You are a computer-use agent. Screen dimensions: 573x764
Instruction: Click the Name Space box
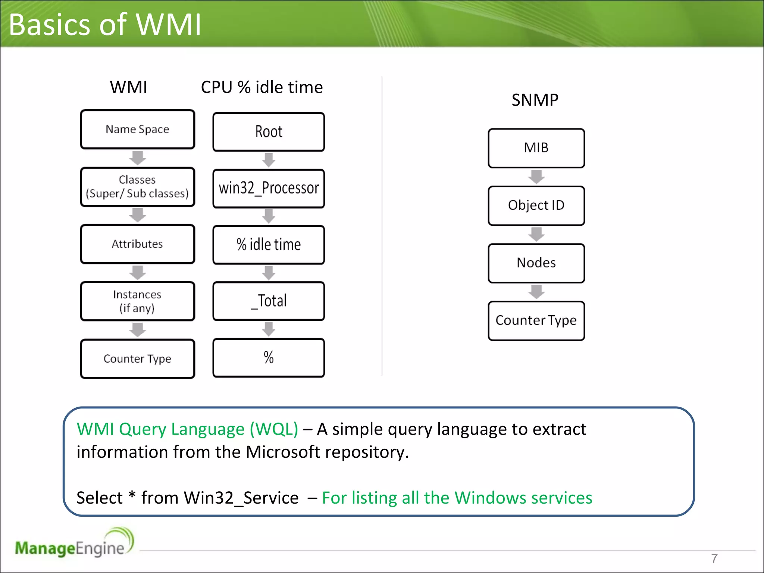tap(137, 129)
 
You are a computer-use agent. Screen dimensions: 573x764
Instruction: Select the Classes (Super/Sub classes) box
tap(137, 187)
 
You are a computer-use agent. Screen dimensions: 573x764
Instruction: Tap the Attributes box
tap(137, 244)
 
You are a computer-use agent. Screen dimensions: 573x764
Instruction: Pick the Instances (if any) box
tap(137, 301)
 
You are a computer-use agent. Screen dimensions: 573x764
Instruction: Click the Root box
tap(269, 132)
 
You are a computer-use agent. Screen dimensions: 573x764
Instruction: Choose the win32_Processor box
tap(269, 188)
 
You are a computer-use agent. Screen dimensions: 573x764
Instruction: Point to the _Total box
tap(269, 301)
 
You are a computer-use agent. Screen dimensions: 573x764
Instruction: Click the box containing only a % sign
tap(269, 358)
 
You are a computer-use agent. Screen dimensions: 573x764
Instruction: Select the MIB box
tap(536, 148)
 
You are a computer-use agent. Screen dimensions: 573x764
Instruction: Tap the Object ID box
tap(536, 206)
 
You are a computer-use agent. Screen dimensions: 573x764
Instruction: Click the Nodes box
tap(536, 263)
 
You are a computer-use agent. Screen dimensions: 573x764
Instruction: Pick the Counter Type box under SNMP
tap(536, 320)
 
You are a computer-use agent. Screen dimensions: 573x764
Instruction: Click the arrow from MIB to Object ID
tap(536, 177)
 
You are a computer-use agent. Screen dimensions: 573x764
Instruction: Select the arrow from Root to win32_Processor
tap(269, 160)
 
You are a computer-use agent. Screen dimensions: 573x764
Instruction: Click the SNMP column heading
tap(535, 100)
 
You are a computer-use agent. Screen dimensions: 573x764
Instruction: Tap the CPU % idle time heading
tap(262, 87)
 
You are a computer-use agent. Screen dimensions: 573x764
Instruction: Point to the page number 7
tap(714, 558)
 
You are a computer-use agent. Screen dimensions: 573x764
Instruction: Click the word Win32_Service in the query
tap(241, 498)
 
